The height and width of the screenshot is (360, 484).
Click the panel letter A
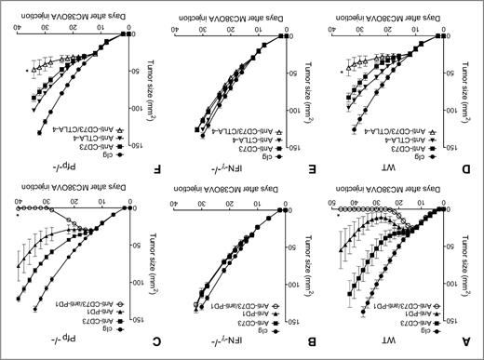(473, 340)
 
